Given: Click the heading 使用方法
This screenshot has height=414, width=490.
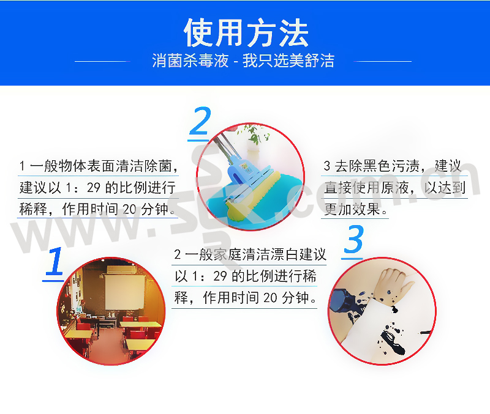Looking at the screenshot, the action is coord(246,32).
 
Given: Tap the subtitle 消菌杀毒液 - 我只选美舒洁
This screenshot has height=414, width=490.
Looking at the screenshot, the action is coord(243,61).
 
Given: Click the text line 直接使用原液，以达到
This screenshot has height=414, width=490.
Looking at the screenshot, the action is coord(394,188).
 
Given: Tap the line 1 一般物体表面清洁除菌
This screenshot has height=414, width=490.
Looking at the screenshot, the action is coord(98,166).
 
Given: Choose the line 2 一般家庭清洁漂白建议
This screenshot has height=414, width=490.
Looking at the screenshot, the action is coord(250,254).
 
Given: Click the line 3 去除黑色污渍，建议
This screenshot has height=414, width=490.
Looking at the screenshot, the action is coord(392,166).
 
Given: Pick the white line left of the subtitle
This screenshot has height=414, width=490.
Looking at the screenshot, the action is coord(102,62).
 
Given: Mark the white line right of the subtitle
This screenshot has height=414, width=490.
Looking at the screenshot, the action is coord(382,62).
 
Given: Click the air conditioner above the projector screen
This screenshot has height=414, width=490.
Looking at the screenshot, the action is coord(121,270).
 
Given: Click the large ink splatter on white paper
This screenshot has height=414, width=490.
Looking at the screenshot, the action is coord(393,342).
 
